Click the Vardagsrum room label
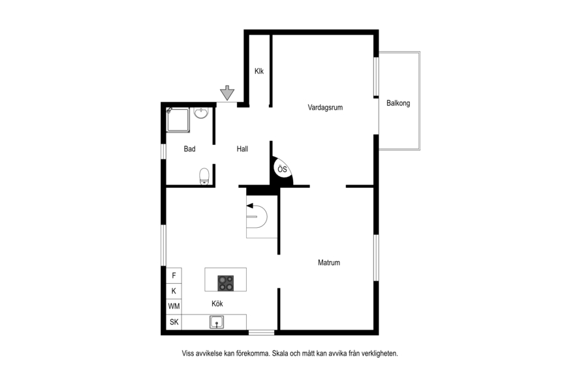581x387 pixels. coord(325,108)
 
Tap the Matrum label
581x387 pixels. coord(328,262)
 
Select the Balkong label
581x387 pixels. coord(398,103)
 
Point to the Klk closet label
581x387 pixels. coord(259,71)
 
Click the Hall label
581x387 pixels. coord(242,149)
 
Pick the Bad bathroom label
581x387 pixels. coord(189,149)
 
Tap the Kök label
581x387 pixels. coord(217,303)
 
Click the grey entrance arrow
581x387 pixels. coord(227,93)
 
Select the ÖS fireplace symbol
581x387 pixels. coord(283,170)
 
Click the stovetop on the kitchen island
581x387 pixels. coord(226,283)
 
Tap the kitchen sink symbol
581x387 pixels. coord(216,322)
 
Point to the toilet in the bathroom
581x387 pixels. coord(204,176)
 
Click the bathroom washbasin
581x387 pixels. coord(201,113)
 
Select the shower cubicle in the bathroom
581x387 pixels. coord(178,119)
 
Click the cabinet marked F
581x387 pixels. coord(174,275)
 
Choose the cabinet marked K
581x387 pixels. coord(174,291)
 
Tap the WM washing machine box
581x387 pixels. coord(174,307)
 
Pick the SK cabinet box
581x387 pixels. coord(174,322)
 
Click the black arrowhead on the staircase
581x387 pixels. coord(250,206)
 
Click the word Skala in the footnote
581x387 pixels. coord(280,354)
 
